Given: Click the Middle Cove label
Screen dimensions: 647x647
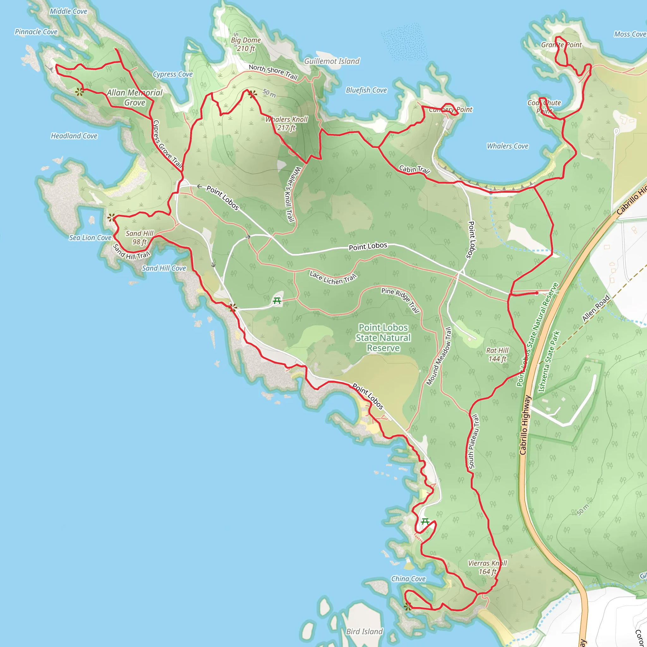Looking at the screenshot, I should (68, 11).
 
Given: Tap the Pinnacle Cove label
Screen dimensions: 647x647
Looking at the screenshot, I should (36, 32).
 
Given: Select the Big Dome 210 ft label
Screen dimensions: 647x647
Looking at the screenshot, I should (246, 44).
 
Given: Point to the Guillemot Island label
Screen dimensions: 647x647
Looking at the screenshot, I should (331, 61).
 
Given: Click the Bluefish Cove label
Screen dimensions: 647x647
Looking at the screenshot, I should (366, 90).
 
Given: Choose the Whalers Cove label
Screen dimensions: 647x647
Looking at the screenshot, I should (507, 146).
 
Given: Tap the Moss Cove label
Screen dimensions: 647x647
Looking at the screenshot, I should (630, 34).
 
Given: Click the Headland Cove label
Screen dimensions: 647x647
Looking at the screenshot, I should (74, 136).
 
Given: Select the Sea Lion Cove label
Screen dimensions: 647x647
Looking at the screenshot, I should (90, 238).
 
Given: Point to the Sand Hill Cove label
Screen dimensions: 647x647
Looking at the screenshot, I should (164, 268).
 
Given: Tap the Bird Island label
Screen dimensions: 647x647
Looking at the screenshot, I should (364, 632).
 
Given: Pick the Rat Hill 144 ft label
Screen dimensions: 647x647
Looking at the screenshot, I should (497, 355).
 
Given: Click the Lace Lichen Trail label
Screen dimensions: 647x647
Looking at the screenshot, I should (333, 278).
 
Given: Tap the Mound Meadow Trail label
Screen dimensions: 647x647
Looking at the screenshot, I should (439, 356).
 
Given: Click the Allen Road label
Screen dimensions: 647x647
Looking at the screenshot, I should (596, 308).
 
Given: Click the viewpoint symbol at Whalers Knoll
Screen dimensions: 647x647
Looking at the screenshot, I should (253, 94).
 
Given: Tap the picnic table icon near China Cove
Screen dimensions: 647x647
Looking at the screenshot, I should (425, 521).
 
